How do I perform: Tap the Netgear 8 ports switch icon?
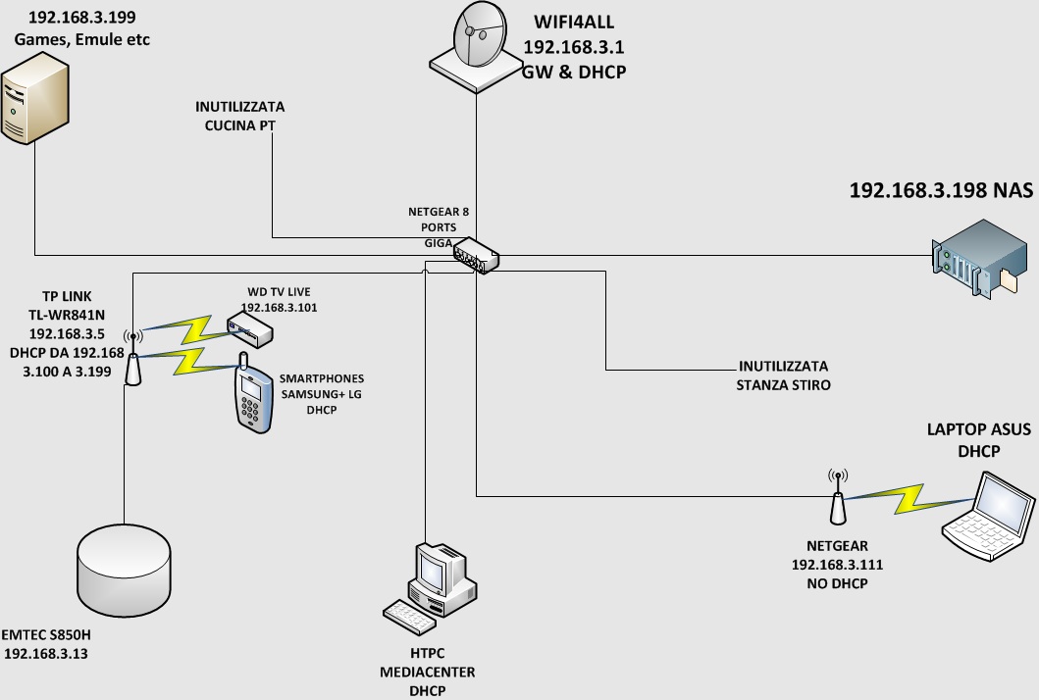(x=477, y=255)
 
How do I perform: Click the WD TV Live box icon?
(x=249, y=330)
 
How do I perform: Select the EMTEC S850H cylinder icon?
(x=124, y=568)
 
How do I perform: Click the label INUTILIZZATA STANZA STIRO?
(x=783, y=375)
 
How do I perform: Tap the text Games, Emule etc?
(x=81, y=38)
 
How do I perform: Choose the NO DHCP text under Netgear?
(x=837, y=583)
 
